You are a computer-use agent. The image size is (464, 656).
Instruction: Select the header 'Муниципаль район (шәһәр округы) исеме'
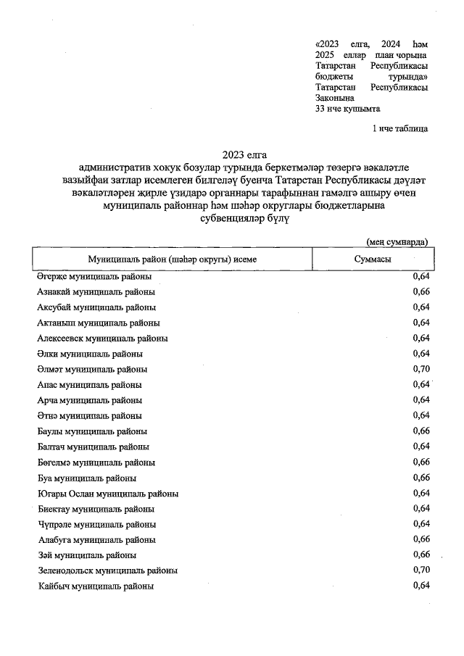click(x=172, y=259)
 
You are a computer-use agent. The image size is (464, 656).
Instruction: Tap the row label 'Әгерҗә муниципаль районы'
click(x=94, y=277)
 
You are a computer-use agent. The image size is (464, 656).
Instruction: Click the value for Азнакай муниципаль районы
click(x=420, y=292)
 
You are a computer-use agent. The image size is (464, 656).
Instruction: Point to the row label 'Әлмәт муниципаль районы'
click(x=92, y=370)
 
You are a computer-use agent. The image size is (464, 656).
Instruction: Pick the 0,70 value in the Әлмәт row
click(x=420, y=369)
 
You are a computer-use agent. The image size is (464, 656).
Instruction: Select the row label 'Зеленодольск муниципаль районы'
click(x=107, y=570)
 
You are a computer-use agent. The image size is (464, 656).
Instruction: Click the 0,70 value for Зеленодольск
click(x=420, y=570)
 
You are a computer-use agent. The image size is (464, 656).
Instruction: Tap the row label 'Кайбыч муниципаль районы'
click(x=95, y=586)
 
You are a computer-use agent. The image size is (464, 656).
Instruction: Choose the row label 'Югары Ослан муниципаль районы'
click(x=107, y=494)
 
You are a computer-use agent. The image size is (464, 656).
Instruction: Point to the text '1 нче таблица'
click(x=399, y=129)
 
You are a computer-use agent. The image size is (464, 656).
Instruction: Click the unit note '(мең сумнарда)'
click(x=397, y=241)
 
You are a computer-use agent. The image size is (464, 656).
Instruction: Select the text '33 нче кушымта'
click(x=348, y=109)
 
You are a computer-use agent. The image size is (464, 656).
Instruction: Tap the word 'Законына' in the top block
click(x=335, y=98)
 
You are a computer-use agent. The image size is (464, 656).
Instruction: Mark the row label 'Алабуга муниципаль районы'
click(x=96, y=540)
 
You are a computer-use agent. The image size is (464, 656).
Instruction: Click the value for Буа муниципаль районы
click(x=420, y=478)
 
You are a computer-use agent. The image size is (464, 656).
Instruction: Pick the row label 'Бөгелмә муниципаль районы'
click(x=96, y=462)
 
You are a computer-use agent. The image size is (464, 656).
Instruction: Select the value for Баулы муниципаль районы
click(x=420, y=431)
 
